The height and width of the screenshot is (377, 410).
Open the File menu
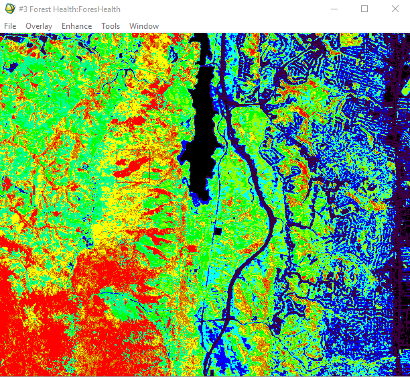[10, 26]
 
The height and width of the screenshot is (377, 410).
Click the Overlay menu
[39, 26]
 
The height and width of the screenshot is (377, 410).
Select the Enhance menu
[76, 26]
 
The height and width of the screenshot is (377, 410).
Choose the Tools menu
[111, 26]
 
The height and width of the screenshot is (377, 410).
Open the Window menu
[144, 26]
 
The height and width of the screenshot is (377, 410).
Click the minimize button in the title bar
[334, 9]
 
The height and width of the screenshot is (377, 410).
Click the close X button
[395, 9]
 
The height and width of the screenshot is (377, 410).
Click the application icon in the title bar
[9, 9]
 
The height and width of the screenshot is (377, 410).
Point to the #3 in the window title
[24, 9]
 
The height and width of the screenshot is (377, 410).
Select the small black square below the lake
[218, 231]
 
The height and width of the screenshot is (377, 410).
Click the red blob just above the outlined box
[134, 121]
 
